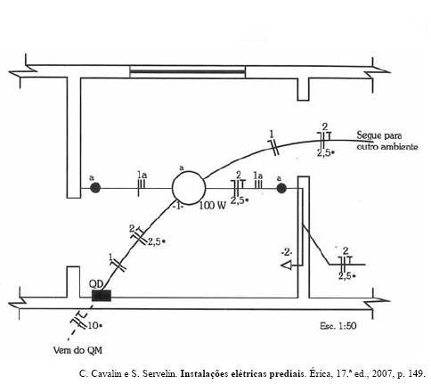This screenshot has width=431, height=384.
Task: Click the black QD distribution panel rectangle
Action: (x=102, y=296)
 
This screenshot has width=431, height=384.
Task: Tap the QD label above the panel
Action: (x=96, y=284)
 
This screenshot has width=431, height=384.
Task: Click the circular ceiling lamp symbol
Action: (x=189, y=188)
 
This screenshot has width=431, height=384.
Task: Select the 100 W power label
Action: (x=213, y=206)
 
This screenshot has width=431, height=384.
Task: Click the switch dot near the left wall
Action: (x=95, y=188)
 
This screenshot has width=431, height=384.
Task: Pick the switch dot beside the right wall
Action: (x=281, y=188)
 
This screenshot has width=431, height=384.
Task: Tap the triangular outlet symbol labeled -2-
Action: (x=287, y=265)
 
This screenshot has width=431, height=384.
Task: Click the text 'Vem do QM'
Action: (x=77, y=350)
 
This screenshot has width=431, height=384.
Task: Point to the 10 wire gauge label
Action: (x=94, y=325)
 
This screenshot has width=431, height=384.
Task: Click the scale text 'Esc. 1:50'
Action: (x=338, y=326)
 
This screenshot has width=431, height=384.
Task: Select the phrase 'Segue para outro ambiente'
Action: (x=387, y=141)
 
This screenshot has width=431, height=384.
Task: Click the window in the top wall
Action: (x=187, y=71)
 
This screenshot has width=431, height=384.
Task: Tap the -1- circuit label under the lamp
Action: (x=178, y=207)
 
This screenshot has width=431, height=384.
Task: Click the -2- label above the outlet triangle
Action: (x=287, y=253)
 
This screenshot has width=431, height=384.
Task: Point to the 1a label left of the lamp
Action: (x=142, y=175)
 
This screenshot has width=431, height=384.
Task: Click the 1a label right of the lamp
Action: (x=258, y=176)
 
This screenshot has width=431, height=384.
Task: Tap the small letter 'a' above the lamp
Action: (x=182, y=168)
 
